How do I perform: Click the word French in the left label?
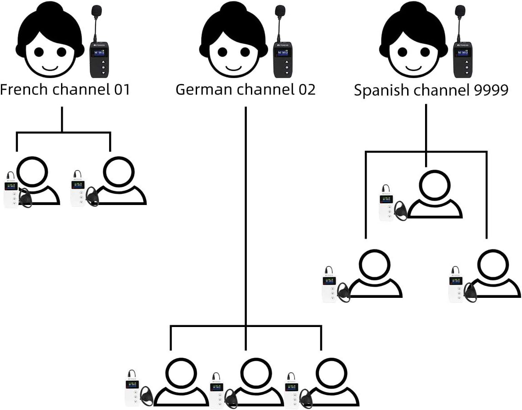(x=23, y=90)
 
